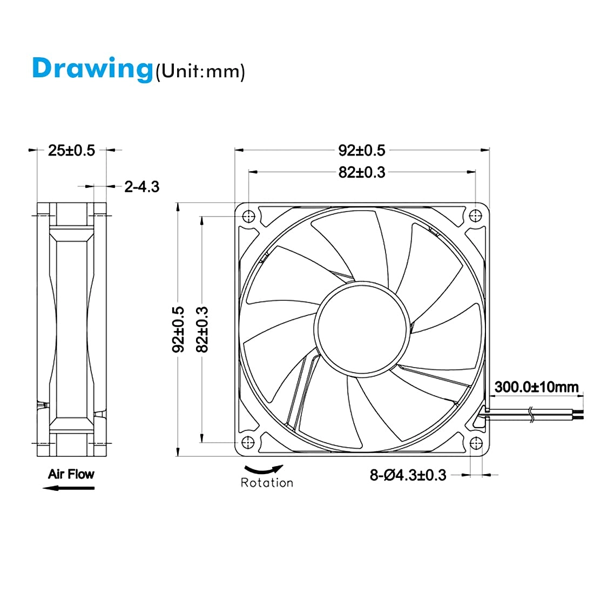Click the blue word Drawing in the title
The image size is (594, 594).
pyautogui.click(x=92, y=68)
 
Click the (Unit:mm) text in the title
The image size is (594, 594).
pyautogui.click(x=200, y=71)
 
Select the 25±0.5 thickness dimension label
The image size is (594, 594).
pyautogui.click(x=71, y=150)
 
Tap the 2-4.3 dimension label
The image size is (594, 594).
pyautogui.click(x=141, y=187)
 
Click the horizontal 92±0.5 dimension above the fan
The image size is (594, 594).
pyautogui.click(x=362, y=150)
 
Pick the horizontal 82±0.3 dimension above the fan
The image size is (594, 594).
pyautogui.click(x=362, y=172)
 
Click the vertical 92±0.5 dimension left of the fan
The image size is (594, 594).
pyautogui.click(x=178, y=329)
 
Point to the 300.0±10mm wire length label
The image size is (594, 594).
pyautogui.click(x=536, y=387)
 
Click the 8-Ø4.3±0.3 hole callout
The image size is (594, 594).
pyautogui.click(x=408, y=475)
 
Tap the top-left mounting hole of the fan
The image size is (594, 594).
pyautogui.click(x=248, y=216)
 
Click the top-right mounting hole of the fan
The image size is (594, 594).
pyautogui.click(x=475, y=216)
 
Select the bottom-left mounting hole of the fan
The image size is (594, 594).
pyautogui.click(x=248, y=442)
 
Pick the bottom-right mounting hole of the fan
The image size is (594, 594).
pyautogui.click(x=475, y=442)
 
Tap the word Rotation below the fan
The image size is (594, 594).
pyautogui.click(x=267, y=483)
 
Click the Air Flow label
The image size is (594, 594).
pyautogui.click(x=71, y=474)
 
